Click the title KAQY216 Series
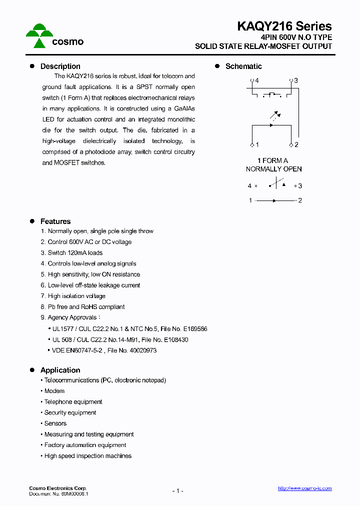284,26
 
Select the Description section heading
60,66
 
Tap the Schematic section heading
243,66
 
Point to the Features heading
55,221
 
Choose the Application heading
60,370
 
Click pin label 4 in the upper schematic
257,80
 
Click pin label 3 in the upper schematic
296,80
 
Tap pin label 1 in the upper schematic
257,145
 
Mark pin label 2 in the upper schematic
296,145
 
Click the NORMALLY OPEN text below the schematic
273,169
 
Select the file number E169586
194,329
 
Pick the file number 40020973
142,351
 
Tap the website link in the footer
304,488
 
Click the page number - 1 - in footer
177,491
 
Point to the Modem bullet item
54,391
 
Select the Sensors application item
55,423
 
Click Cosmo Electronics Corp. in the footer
57,488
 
